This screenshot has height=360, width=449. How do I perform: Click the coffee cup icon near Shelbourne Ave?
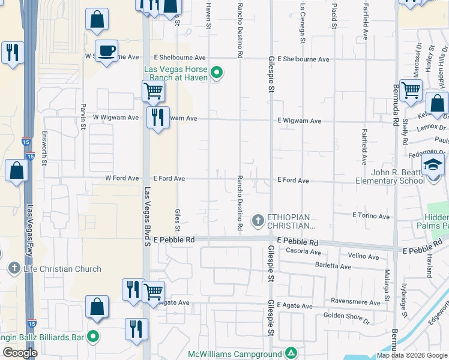click(x=106, y=51)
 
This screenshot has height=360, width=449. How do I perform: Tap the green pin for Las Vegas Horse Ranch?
click(x=217, y=74)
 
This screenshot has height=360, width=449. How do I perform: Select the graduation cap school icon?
click(x=433, y=164)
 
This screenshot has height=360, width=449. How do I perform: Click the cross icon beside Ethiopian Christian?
click(x=258, y=221)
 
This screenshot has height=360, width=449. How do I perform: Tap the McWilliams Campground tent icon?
click(x=291, y=353)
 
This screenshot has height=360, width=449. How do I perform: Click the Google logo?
click(x=20, y=353)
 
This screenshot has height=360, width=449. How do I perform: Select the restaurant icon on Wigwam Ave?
click(x=157, y=118)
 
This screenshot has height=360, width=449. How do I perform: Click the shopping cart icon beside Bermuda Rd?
click(x=411, y=91)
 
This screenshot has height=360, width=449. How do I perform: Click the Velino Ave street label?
click(x=364, y=256)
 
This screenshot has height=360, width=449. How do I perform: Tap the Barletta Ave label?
click(x=333, y=265)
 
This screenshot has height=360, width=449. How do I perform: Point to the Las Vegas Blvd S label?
click(x=147, y=216)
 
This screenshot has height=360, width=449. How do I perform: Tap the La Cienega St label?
click(x=302, y=18)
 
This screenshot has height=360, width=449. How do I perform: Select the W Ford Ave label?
click(x=122, y=178)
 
